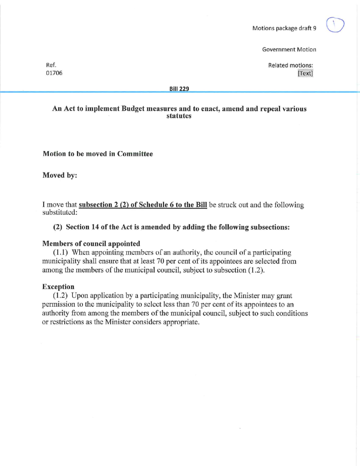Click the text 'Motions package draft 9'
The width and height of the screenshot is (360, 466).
[x=284, y=28]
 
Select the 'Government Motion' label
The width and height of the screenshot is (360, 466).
[x=289, y=49]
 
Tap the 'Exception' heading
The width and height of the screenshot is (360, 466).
[x=58, y=287]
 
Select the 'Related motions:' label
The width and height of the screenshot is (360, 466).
[x=292, y=65]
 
